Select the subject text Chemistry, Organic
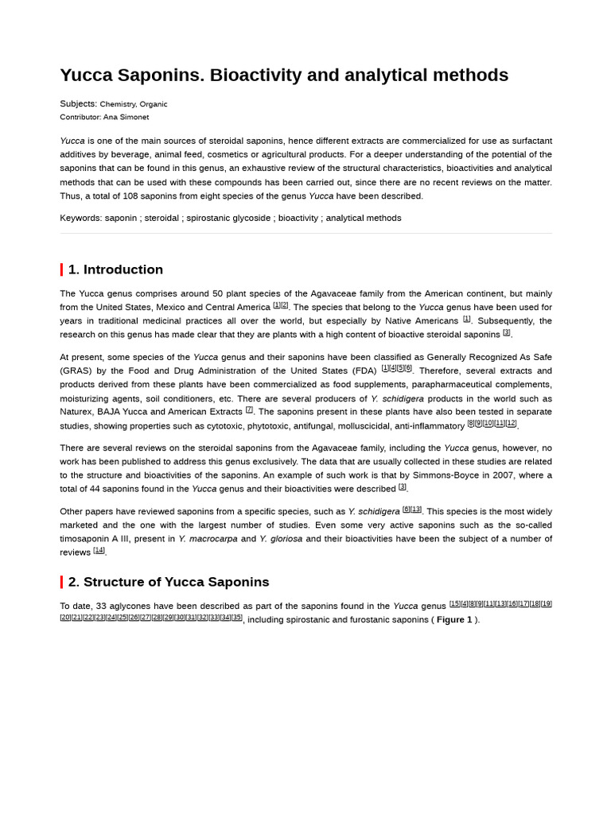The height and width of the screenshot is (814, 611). [133, 104]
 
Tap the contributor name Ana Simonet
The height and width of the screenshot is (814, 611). [126, 117]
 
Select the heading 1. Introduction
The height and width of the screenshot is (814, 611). [115, 269]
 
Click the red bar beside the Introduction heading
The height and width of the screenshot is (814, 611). [62, 269]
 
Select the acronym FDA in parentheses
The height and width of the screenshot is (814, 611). [364, 371]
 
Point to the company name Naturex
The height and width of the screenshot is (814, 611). [77, 412]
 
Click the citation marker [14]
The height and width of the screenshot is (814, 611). [99, 550]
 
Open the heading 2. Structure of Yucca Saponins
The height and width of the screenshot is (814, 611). [169, 582]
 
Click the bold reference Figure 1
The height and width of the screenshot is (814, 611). [454, 620]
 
